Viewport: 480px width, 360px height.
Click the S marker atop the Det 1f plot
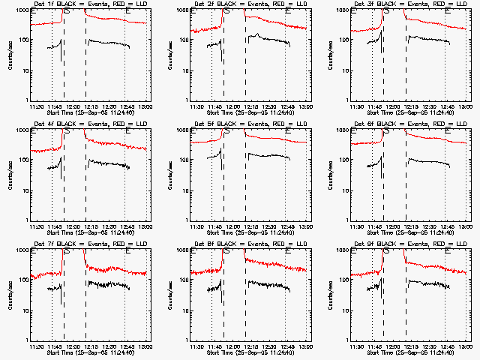(x=68, y=11)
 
